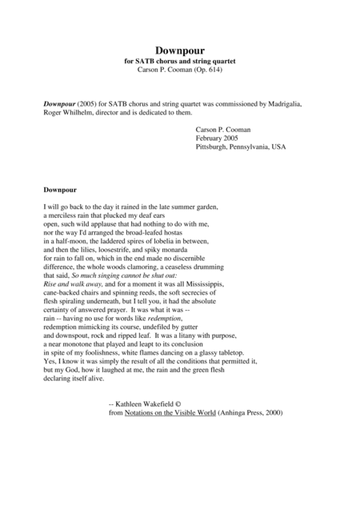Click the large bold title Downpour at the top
click(180, 50)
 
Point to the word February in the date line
click(212, 138)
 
